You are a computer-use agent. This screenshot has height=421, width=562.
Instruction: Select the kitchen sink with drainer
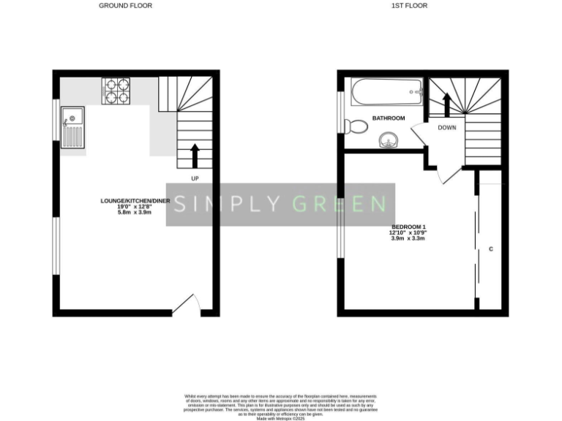point(73,127)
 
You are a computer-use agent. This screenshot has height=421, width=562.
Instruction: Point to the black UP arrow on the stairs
point(195,154)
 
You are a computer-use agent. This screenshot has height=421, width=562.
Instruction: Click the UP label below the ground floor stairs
point(195,178)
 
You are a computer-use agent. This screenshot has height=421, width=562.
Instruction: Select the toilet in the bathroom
point(357,126)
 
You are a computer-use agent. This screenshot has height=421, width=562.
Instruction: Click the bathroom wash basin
point(389,139)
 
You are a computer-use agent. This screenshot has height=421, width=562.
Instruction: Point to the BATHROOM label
point(389,118)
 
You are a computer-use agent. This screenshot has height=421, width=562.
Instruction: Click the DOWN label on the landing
point(447,127)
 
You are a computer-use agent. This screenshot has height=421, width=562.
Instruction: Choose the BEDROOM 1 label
point(409,227)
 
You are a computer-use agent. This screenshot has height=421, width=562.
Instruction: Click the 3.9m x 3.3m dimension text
point(409,238)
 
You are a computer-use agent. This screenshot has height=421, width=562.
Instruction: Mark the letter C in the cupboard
point(490,250)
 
